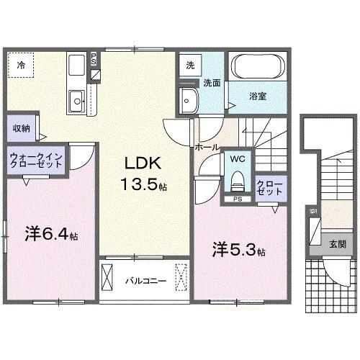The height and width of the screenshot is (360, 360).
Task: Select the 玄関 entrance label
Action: tap(337, 243)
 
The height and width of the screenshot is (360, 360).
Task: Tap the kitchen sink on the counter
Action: tap(76, 99)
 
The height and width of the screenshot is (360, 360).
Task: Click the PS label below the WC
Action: tap(236, 199)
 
